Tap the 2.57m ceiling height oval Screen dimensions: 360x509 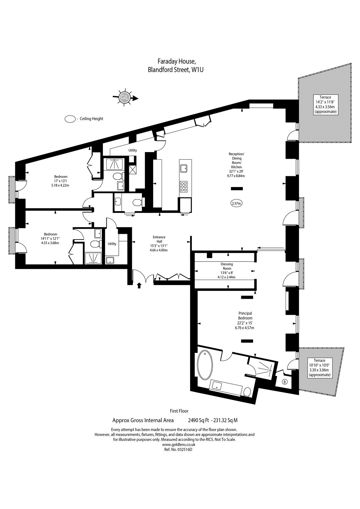pyautogui.click(x=236, y=203)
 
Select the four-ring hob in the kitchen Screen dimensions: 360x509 pyautogui.click(x=184, y=186)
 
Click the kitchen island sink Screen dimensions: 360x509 pyautogui.click(x=184, y=169)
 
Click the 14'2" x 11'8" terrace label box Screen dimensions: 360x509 pyautogui.click(x=326, y=104)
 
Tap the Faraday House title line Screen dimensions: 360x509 pyautogui.click(x=177, y=61)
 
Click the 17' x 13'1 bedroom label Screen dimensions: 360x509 pyautogui.click(x=61, y=181)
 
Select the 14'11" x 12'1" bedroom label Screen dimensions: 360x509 pyautogui.click(x=51, y=238)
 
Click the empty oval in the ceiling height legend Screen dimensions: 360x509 pyautogui.click(x=70, y=119)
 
